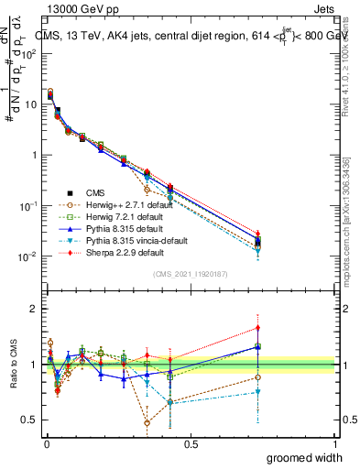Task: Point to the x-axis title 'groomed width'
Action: (x=308, y=457)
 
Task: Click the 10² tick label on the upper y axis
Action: (x=29, y=53)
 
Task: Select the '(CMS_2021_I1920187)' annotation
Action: (x=190, y=274)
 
